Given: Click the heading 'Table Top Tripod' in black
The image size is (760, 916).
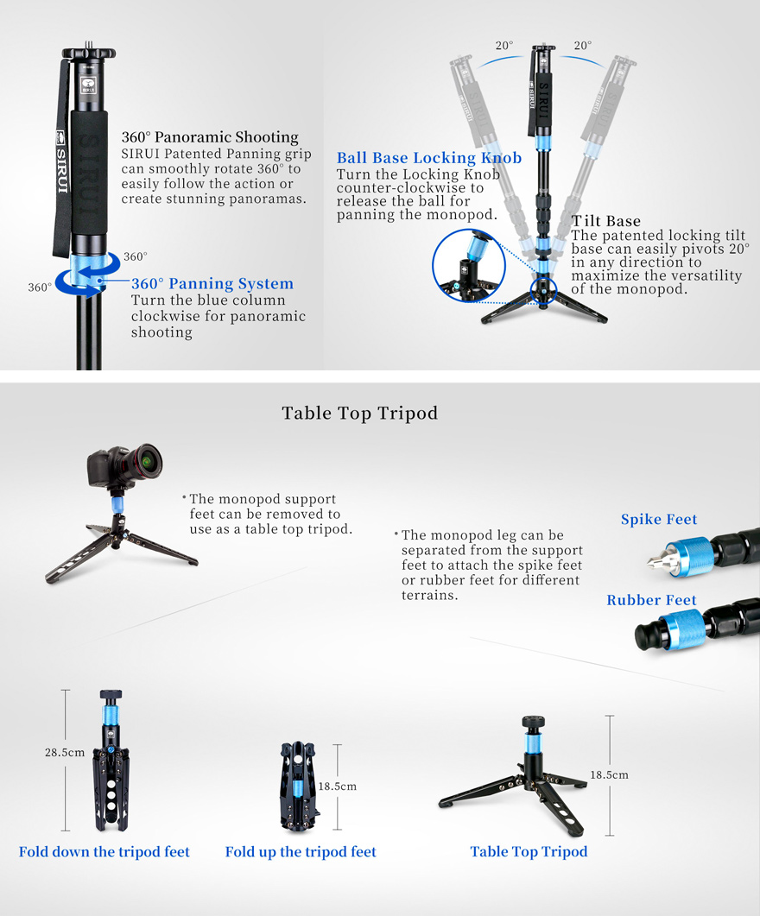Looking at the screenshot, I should pos(359,414).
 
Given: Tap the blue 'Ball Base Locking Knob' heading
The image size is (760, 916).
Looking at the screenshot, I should pos(428,158).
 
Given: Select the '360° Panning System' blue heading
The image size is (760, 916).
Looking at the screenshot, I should pos(212,284).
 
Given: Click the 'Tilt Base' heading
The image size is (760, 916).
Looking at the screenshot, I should pos(605,222).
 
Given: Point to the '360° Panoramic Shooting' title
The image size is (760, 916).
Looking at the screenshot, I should pos(209,137).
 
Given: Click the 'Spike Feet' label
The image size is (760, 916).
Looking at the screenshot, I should pos(658,520).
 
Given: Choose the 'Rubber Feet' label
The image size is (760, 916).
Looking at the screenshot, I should pos(651,601).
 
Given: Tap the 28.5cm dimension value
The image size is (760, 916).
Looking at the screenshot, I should pos(65,752).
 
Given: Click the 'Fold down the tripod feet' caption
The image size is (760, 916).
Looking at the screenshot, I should pos(104,852).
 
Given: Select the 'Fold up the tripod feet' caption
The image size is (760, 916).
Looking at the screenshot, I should pos(301,852).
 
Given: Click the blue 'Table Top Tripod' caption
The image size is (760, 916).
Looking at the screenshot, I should pos(529,852).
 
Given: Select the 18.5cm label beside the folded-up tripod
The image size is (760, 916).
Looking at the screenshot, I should pos(337,786).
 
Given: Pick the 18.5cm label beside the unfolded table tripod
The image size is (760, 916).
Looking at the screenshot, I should pos(609,775).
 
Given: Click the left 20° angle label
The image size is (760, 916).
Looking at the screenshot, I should pos(503,46).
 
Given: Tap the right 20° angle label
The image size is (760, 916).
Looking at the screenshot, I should pos(583,46).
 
